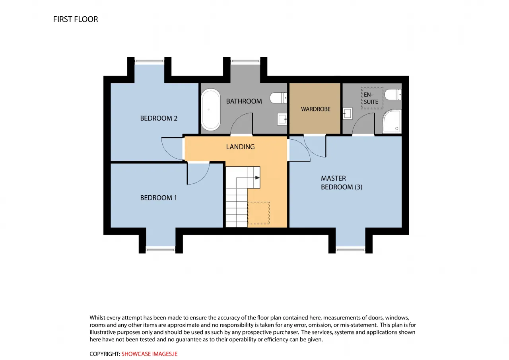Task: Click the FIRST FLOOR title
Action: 76,19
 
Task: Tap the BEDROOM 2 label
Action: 159,118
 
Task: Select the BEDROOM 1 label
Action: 158,198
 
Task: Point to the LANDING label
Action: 240,147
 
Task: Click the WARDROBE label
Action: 316,109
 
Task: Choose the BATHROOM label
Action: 244,101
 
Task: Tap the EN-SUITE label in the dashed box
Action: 371,98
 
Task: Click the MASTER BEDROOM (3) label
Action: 341,183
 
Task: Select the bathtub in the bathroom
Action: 211,110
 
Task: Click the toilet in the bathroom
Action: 278,98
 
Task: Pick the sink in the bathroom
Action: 282,119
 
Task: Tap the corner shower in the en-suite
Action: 392,121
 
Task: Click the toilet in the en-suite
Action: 393,95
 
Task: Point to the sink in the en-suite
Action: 348,113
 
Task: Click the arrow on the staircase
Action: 257,177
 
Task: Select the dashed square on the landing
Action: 258,213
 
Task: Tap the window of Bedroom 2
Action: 149,61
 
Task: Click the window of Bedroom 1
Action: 160,250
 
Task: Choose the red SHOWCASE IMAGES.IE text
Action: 149,354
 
